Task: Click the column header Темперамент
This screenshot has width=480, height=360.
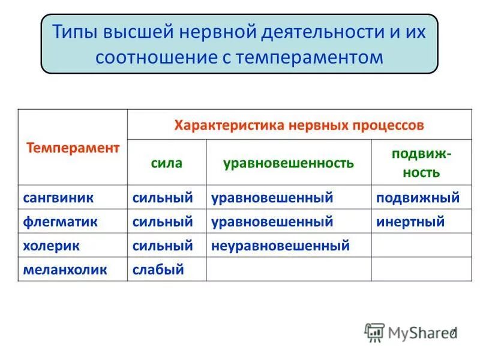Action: [x=73, y=148]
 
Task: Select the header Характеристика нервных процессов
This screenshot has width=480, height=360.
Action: [x=299, y=125]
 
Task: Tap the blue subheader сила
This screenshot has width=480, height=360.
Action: [x=166, y=163]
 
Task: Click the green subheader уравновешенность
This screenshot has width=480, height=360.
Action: [x=288, y=163]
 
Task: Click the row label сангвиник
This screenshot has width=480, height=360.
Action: [x=58, y=197]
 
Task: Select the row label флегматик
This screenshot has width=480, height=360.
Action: [x=60, y=221]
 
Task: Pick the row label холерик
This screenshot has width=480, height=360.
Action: [x=51, y=245]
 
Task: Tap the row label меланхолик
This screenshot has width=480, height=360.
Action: [x=65, y=269]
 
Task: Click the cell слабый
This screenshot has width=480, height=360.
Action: [x=157, y=269]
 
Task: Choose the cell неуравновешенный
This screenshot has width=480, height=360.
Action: [x=280, y=245]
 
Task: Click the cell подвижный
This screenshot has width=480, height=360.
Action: [x=418, y=197]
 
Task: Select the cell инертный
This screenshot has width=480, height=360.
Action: [x=410, y=221]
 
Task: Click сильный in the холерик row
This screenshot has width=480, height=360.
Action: [x=163, y=245]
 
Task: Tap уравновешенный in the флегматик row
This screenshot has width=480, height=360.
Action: [x=272, y=221]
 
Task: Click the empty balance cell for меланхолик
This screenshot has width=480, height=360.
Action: [x=288, y=269]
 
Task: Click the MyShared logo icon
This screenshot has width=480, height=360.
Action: [x=374, y=332]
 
